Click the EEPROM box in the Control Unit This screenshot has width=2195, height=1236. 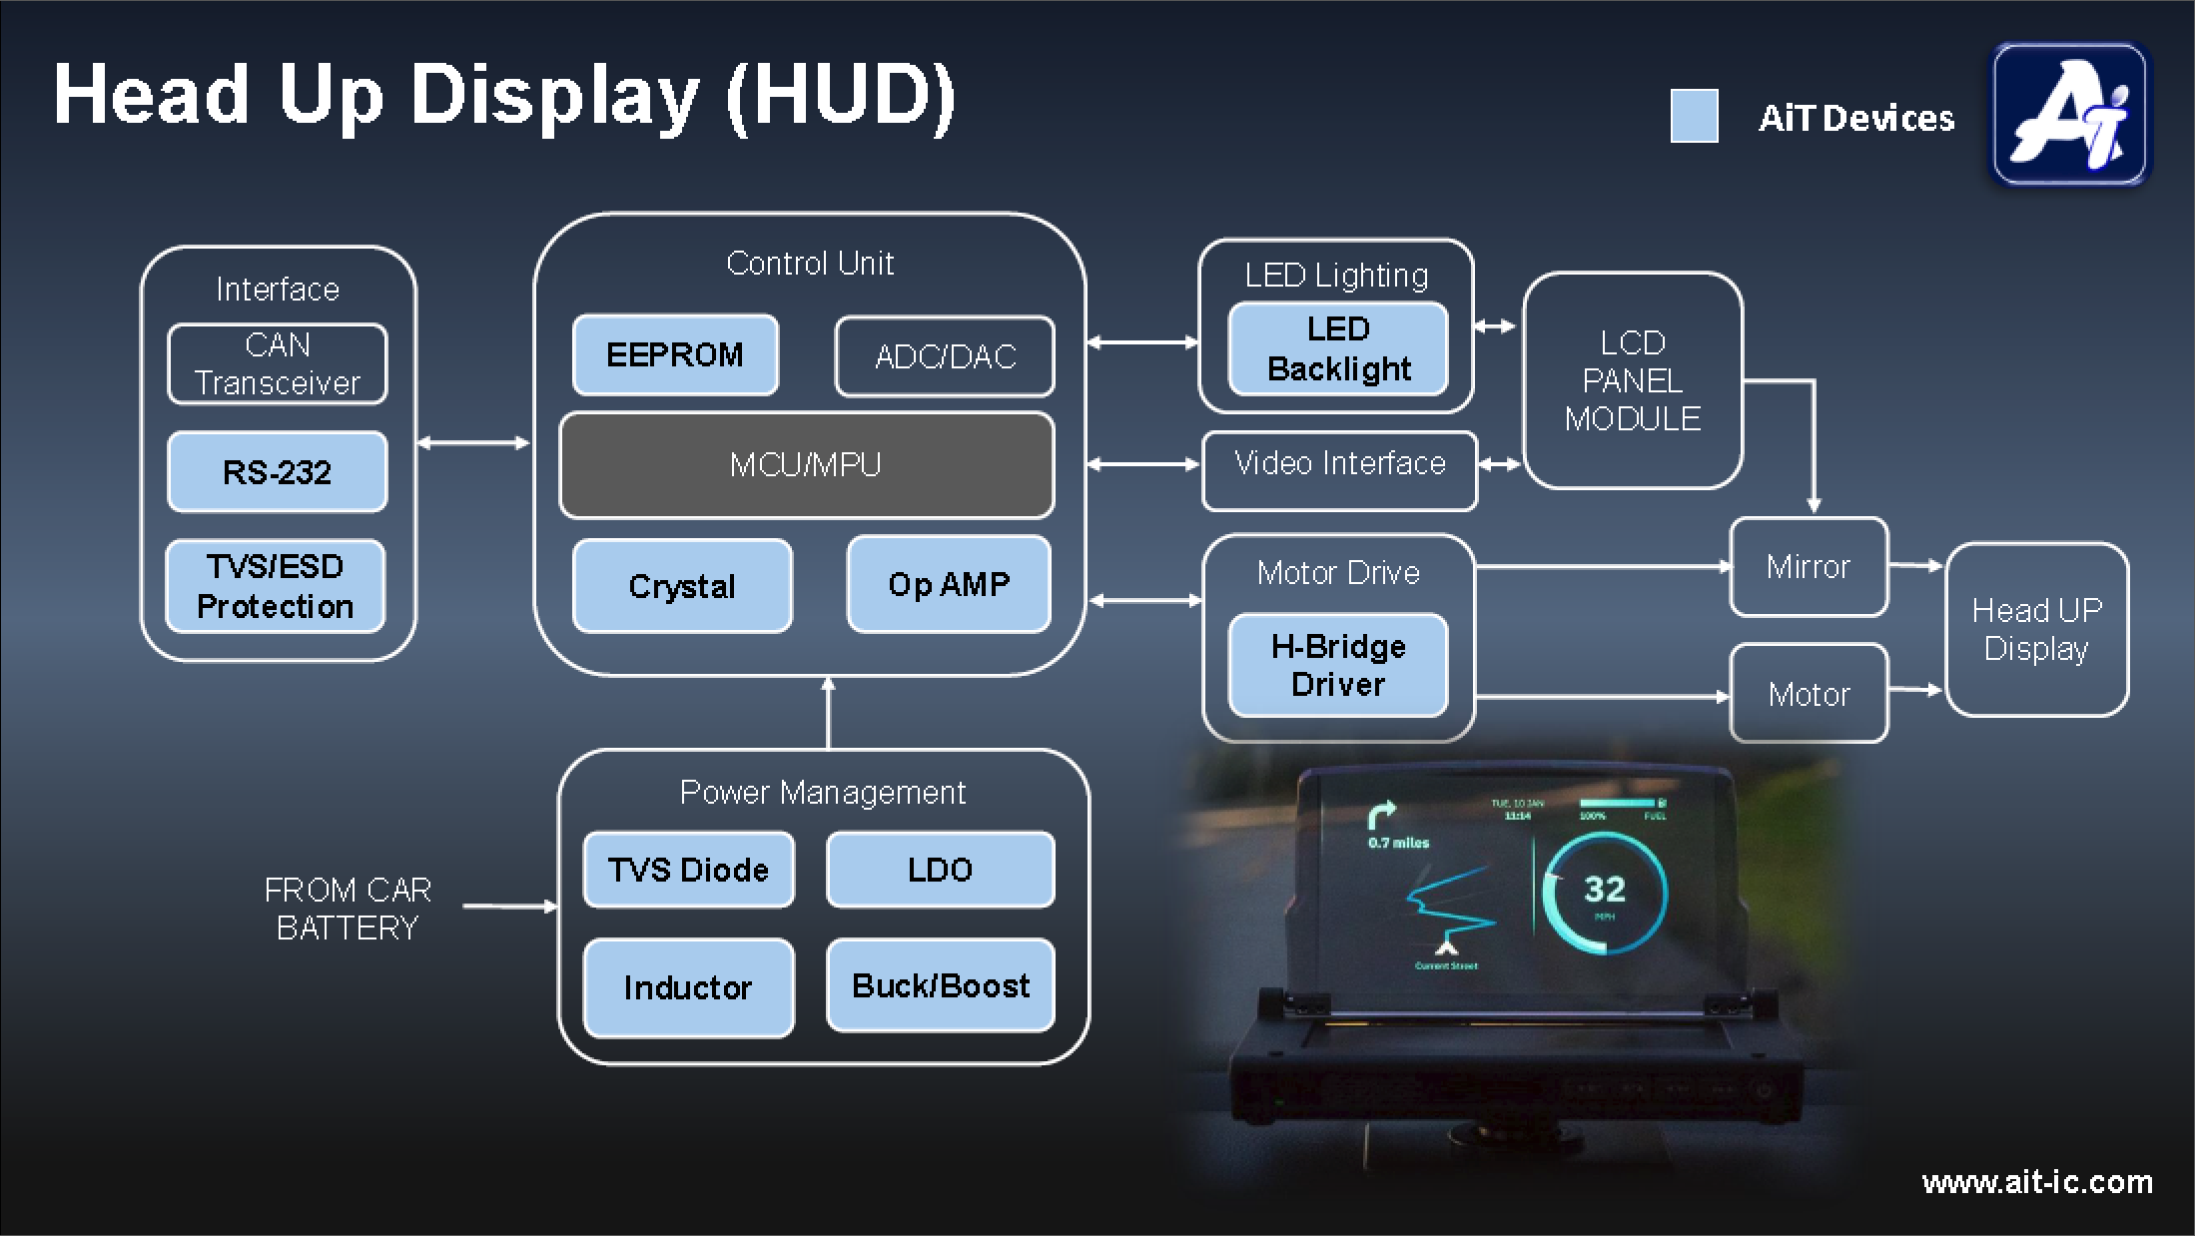tap(675, 355)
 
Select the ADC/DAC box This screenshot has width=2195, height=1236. tap(945, 356)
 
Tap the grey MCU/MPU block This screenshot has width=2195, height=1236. tap(806, 465)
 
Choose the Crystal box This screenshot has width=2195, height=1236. tap(682, 586)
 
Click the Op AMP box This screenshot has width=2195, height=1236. tap(949, 584)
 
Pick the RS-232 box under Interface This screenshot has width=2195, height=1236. tap(277, 472)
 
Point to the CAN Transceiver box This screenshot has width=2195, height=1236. tap(277, 364)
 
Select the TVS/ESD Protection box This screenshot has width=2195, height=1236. tap(276, 586)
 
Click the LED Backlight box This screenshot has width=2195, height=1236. tap(1338, 349)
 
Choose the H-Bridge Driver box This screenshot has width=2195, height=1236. tap(1338, 666)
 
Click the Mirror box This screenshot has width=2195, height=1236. tap(1809, 567)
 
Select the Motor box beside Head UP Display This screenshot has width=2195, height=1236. tap(1809, 694)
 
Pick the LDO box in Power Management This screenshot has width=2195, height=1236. tap(940, 870)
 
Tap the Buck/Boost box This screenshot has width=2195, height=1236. tap(940, 985)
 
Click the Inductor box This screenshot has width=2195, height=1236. tap(688, 987)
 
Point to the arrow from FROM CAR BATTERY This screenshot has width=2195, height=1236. tap(509, 907)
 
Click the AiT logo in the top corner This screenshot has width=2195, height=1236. tap(2069, 114)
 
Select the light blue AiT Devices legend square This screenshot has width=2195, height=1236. tap(1694, 117)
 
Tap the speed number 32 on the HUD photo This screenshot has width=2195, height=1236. tap(1605, 889)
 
